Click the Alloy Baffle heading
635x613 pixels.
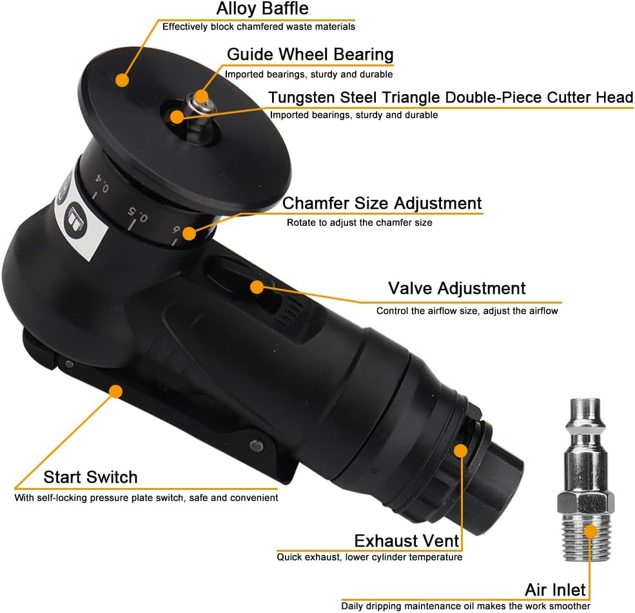pos(262,8)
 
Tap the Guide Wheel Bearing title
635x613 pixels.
pos(310,54)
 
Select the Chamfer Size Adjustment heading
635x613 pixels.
pos(382,203)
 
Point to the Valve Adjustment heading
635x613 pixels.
pos(456,289)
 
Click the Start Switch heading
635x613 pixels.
pos(90,477)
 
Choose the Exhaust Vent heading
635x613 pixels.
pos(407,541)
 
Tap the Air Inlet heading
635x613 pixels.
pos(555,590)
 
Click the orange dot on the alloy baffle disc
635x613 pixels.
pos(122,80)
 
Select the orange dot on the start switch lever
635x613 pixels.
pos(116,391)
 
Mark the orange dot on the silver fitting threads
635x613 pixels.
pos(591,531)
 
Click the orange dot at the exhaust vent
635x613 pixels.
pos(461,451)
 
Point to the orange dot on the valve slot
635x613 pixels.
pos(257,287)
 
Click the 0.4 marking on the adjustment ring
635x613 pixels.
pos(102,183)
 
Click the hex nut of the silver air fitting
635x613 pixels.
pos(585,503)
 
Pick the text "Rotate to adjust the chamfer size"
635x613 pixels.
pos(359,222)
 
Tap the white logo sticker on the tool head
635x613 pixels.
pos(79,219)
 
